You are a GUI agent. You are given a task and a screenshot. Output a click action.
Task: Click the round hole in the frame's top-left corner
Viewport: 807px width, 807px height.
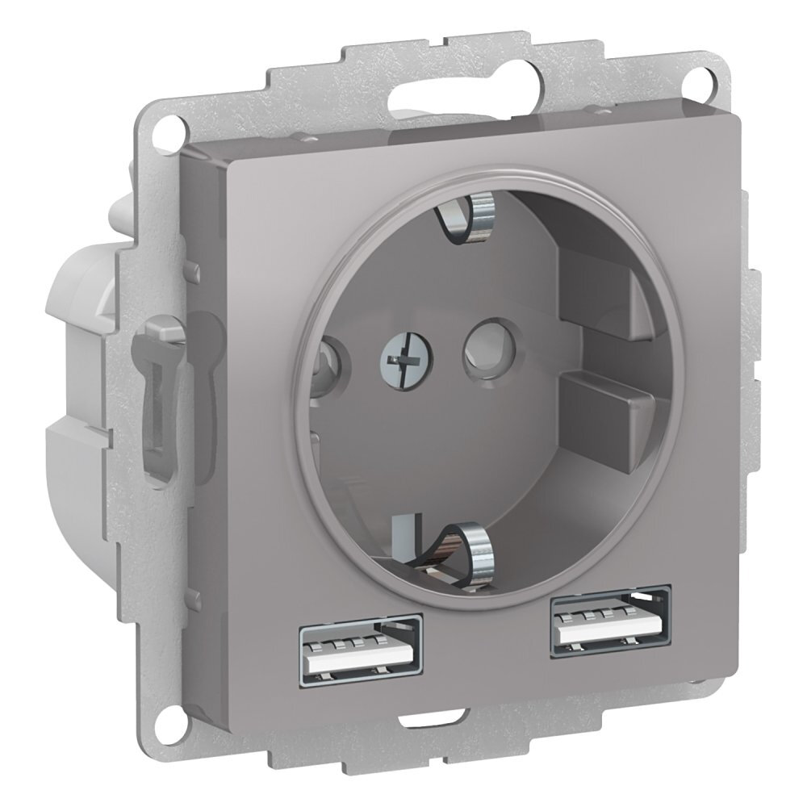pos(167,124)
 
